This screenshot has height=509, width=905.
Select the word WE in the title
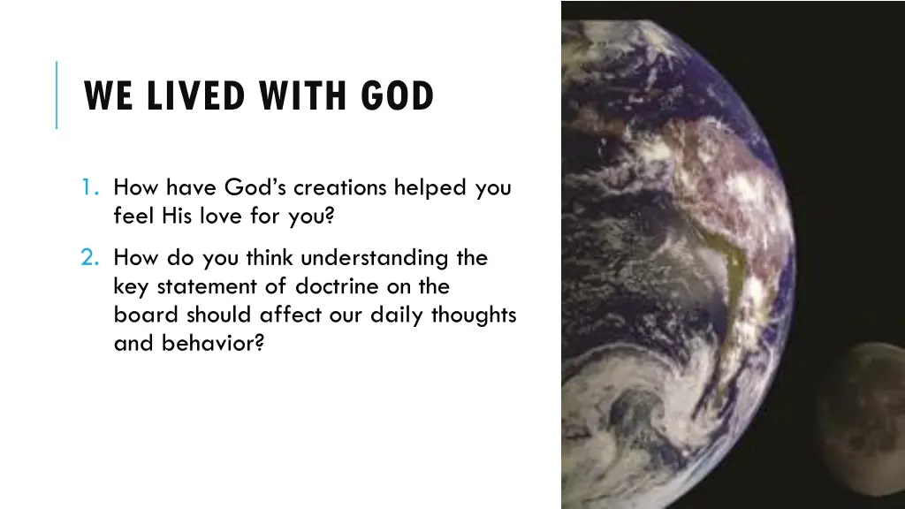110,96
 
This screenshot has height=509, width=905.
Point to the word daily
396,315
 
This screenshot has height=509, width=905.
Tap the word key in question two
131,286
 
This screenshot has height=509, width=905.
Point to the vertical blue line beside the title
57,95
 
